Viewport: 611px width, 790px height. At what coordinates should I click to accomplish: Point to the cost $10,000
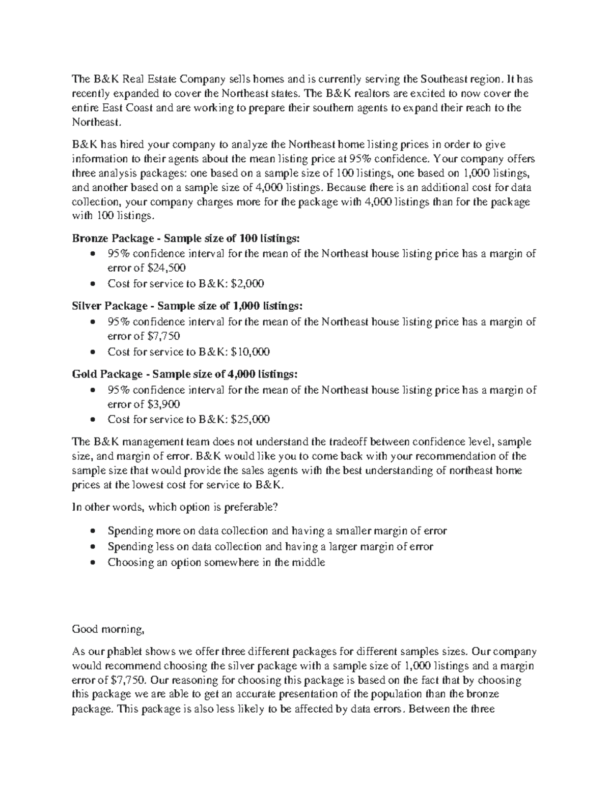[x=250, y=352]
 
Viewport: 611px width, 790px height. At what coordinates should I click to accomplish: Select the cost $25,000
[x=250, y=420]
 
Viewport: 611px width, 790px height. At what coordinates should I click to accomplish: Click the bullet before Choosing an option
[x=92, y=563]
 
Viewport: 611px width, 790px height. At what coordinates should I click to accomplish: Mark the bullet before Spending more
[x=92, y=532]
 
